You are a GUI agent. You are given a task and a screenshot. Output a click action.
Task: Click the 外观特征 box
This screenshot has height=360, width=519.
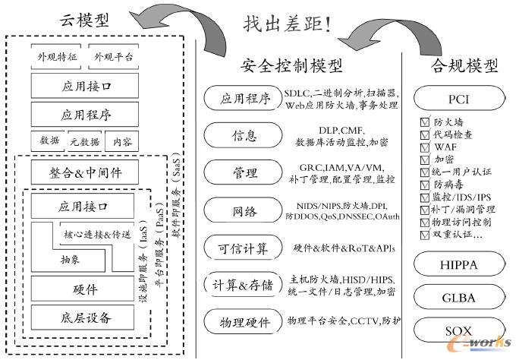[x=57, y=58]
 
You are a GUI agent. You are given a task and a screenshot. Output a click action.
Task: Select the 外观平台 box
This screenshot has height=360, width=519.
[x=114, y=58]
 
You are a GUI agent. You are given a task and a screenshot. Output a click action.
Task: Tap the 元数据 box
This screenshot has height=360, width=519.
[x=85, y=141]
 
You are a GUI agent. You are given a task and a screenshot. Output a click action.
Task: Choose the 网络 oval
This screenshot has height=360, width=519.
[x=239, y=210]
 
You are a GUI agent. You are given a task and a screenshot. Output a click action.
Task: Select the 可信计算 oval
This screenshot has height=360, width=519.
[x=239, y=248]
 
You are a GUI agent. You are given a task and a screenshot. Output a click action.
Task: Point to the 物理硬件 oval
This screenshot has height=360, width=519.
[x=239, y=322]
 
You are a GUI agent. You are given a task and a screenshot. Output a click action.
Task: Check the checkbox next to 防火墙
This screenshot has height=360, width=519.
[x=425, y=122]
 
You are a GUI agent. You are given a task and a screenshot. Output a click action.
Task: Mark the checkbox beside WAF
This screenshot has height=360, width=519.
[x=425, y=147]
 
